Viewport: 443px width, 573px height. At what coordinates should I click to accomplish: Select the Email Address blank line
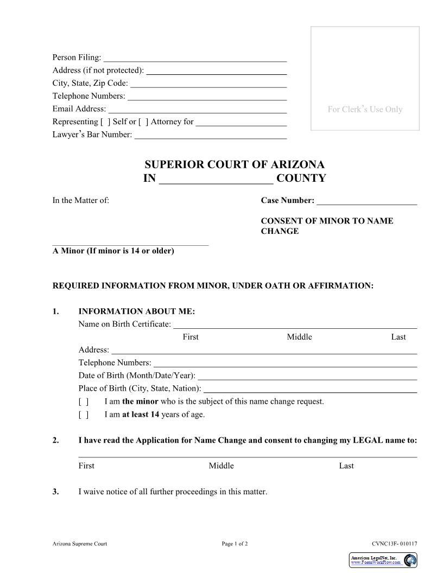197,110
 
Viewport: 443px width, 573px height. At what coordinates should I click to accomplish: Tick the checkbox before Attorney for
143,122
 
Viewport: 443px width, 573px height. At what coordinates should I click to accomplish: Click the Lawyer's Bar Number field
210,135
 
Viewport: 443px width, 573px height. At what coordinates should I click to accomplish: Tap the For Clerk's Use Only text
365,110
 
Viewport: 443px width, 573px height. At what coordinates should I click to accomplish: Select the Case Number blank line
366,201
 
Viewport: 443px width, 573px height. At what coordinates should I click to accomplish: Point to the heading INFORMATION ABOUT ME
136,311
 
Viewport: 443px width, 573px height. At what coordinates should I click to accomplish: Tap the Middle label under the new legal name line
221,466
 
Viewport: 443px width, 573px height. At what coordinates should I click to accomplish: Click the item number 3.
55,492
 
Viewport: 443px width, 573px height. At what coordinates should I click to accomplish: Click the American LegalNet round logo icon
410,560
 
